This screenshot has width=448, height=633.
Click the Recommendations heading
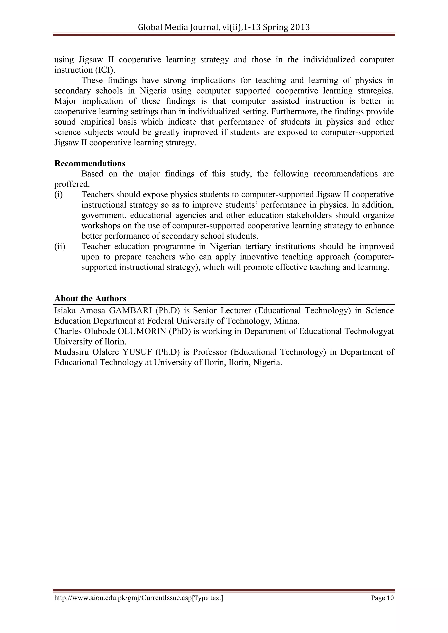point(90,163)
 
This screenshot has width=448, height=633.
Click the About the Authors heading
point(90,299)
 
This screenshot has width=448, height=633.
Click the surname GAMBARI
point(130,311)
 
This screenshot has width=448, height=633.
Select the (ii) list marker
point(59,247)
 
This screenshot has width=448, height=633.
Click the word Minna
point(290,321)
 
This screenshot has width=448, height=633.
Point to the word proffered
point(72,184)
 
